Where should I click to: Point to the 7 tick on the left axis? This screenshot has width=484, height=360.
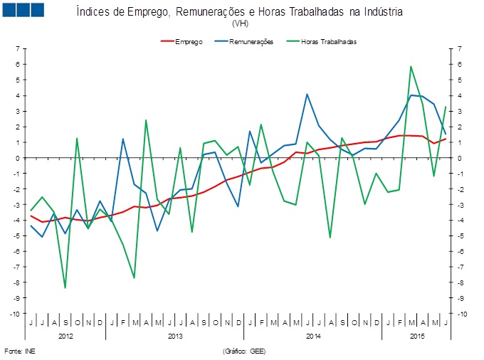click(x=16, y=48)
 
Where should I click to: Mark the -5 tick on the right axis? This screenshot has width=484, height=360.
click(x=462, y=235)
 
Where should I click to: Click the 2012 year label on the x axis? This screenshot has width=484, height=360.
click(x=65, y=334)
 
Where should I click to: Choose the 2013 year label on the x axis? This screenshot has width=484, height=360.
click(x=174, y=334)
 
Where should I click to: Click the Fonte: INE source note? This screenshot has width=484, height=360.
click(x=20, y=351)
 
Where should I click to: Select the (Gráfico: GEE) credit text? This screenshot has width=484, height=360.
click(x=243, y=351)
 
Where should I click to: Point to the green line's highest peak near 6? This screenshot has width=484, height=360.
click(x=411, y=66)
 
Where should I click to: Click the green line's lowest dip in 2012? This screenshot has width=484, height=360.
click(x=65, y=287)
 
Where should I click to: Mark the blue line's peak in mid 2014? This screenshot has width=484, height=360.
click(x=307, y=94)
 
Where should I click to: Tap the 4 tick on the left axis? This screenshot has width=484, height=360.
click(x=16, y=95)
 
